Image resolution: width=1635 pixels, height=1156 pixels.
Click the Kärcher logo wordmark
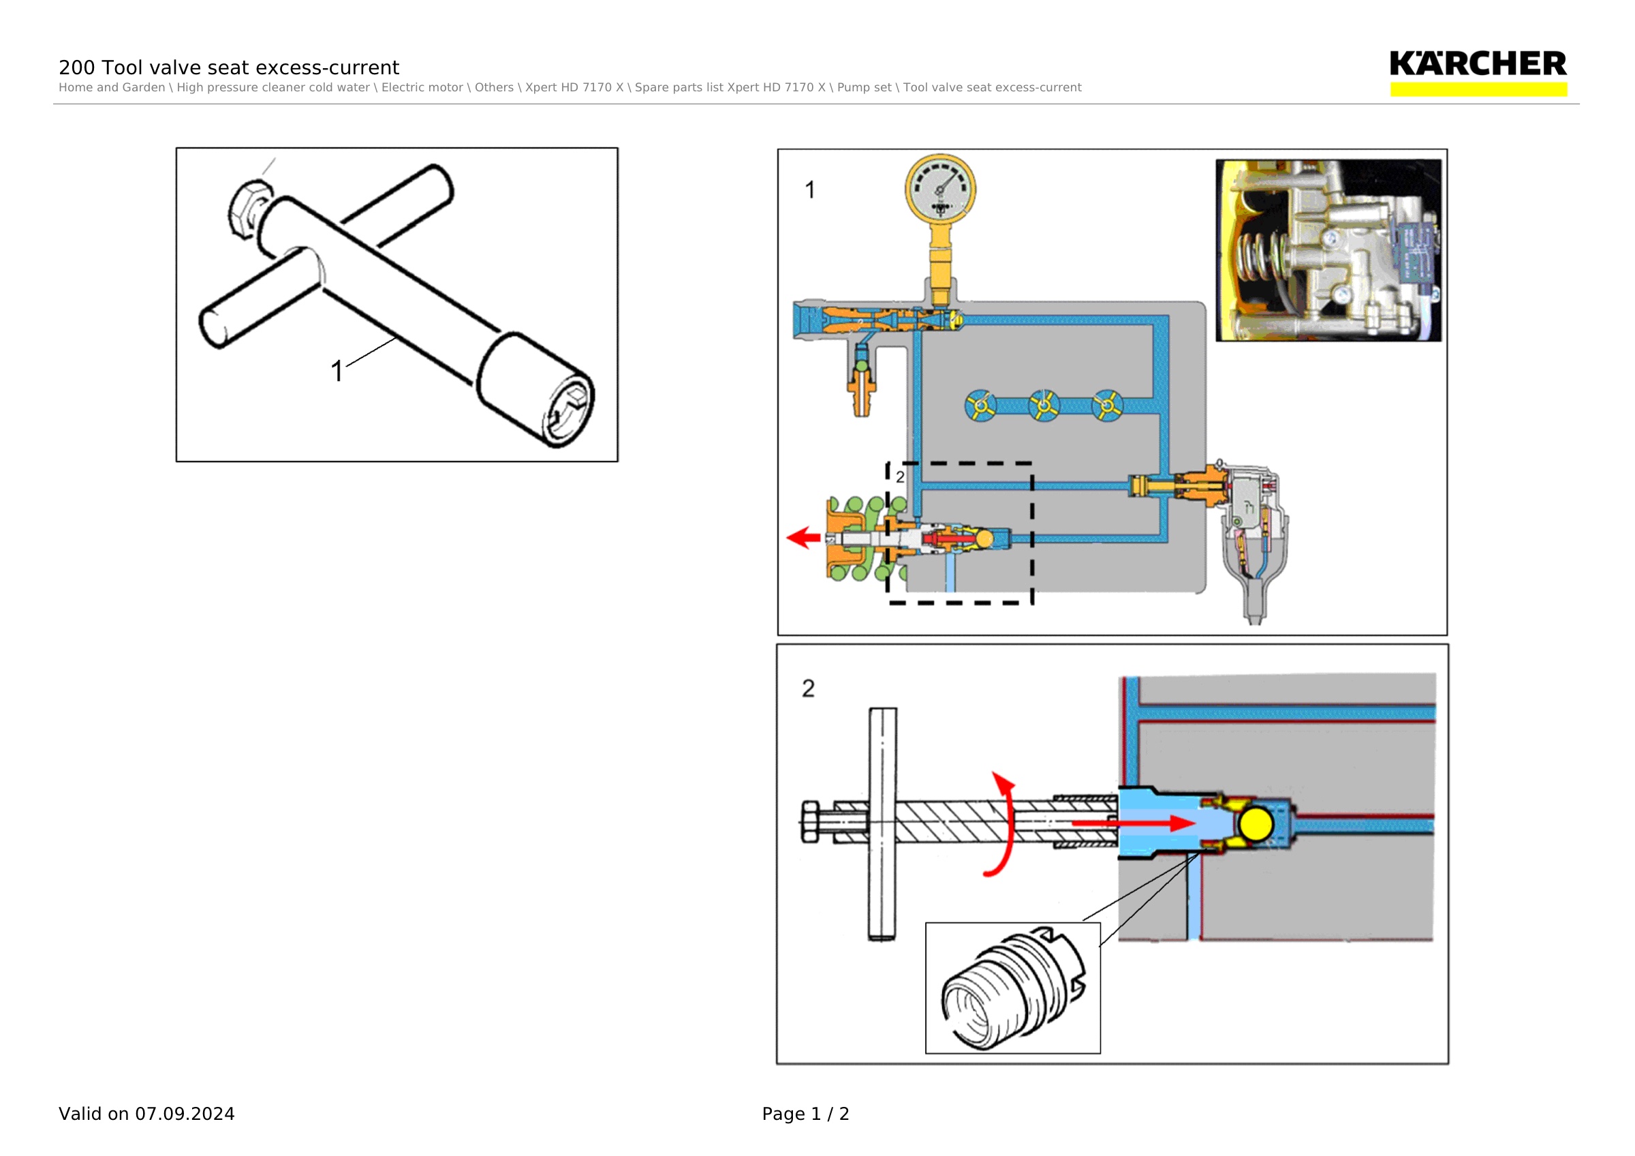[x=1478, y=63]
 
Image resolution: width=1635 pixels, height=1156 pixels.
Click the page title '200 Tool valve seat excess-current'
[x=229, y=67]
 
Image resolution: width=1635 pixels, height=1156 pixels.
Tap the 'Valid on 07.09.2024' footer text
[x=146, y=1114]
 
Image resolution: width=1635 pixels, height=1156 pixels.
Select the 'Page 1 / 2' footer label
[x=805, y=1114]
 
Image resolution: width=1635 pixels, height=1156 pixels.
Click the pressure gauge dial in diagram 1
[x=940, y=189]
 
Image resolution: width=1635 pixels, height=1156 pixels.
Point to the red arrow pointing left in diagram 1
[x=803, y=537]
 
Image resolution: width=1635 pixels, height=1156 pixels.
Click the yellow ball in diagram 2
[x=1256, y=824]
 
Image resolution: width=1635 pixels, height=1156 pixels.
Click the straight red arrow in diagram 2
[x=1133, y=823]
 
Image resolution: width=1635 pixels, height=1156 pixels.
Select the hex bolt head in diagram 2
[x=811, y=822]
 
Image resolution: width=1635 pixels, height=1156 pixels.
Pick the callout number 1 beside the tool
[x=337, y=371]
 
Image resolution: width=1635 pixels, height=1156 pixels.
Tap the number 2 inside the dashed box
[x=900, y=476]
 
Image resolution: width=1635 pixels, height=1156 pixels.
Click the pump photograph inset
[x=1328, y=250]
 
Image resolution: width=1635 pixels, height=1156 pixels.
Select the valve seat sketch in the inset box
[x=1012, y=988]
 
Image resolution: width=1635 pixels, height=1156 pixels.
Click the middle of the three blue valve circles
[x=1044, y=406]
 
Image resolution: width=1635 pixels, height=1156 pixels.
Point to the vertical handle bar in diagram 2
[x=882, y=824]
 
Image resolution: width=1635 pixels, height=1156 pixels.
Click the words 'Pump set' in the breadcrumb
[x=864, y=88]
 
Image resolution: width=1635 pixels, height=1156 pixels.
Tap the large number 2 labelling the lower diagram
[x=808, y=688]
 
